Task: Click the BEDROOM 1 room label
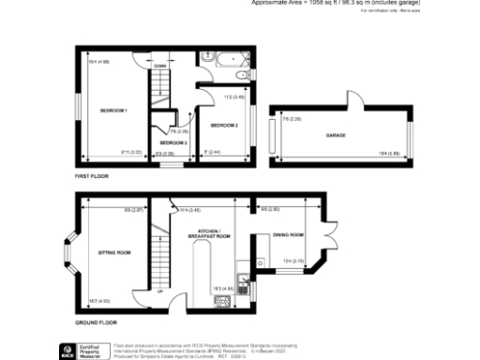(113, 111)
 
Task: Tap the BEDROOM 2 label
(224, 125)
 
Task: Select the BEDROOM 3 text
(172, 142)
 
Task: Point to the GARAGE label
(336, 136)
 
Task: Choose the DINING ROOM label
(289, 234)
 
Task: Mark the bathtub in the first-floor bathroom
(224, 58)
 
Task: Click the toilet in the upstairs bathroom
(243, 76)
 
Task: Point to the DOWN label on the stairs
(160, 66)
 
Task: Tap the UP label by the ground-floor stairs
(160, 292)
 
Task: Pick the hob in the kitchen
(224, 300)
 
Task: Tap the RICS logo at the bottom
(67, 352)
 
